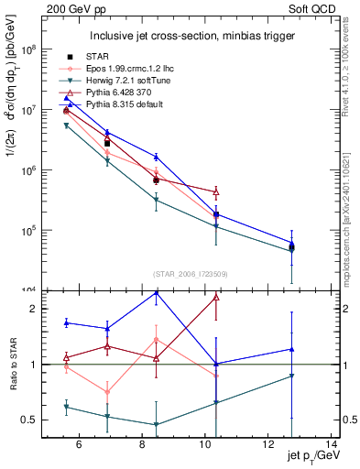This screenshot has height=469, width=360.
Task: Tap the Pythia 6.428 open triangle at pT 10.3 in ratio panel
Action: [216, 297]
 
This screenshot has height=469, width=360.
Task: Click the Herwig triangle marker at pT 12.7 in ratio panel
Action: [291, 376]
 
